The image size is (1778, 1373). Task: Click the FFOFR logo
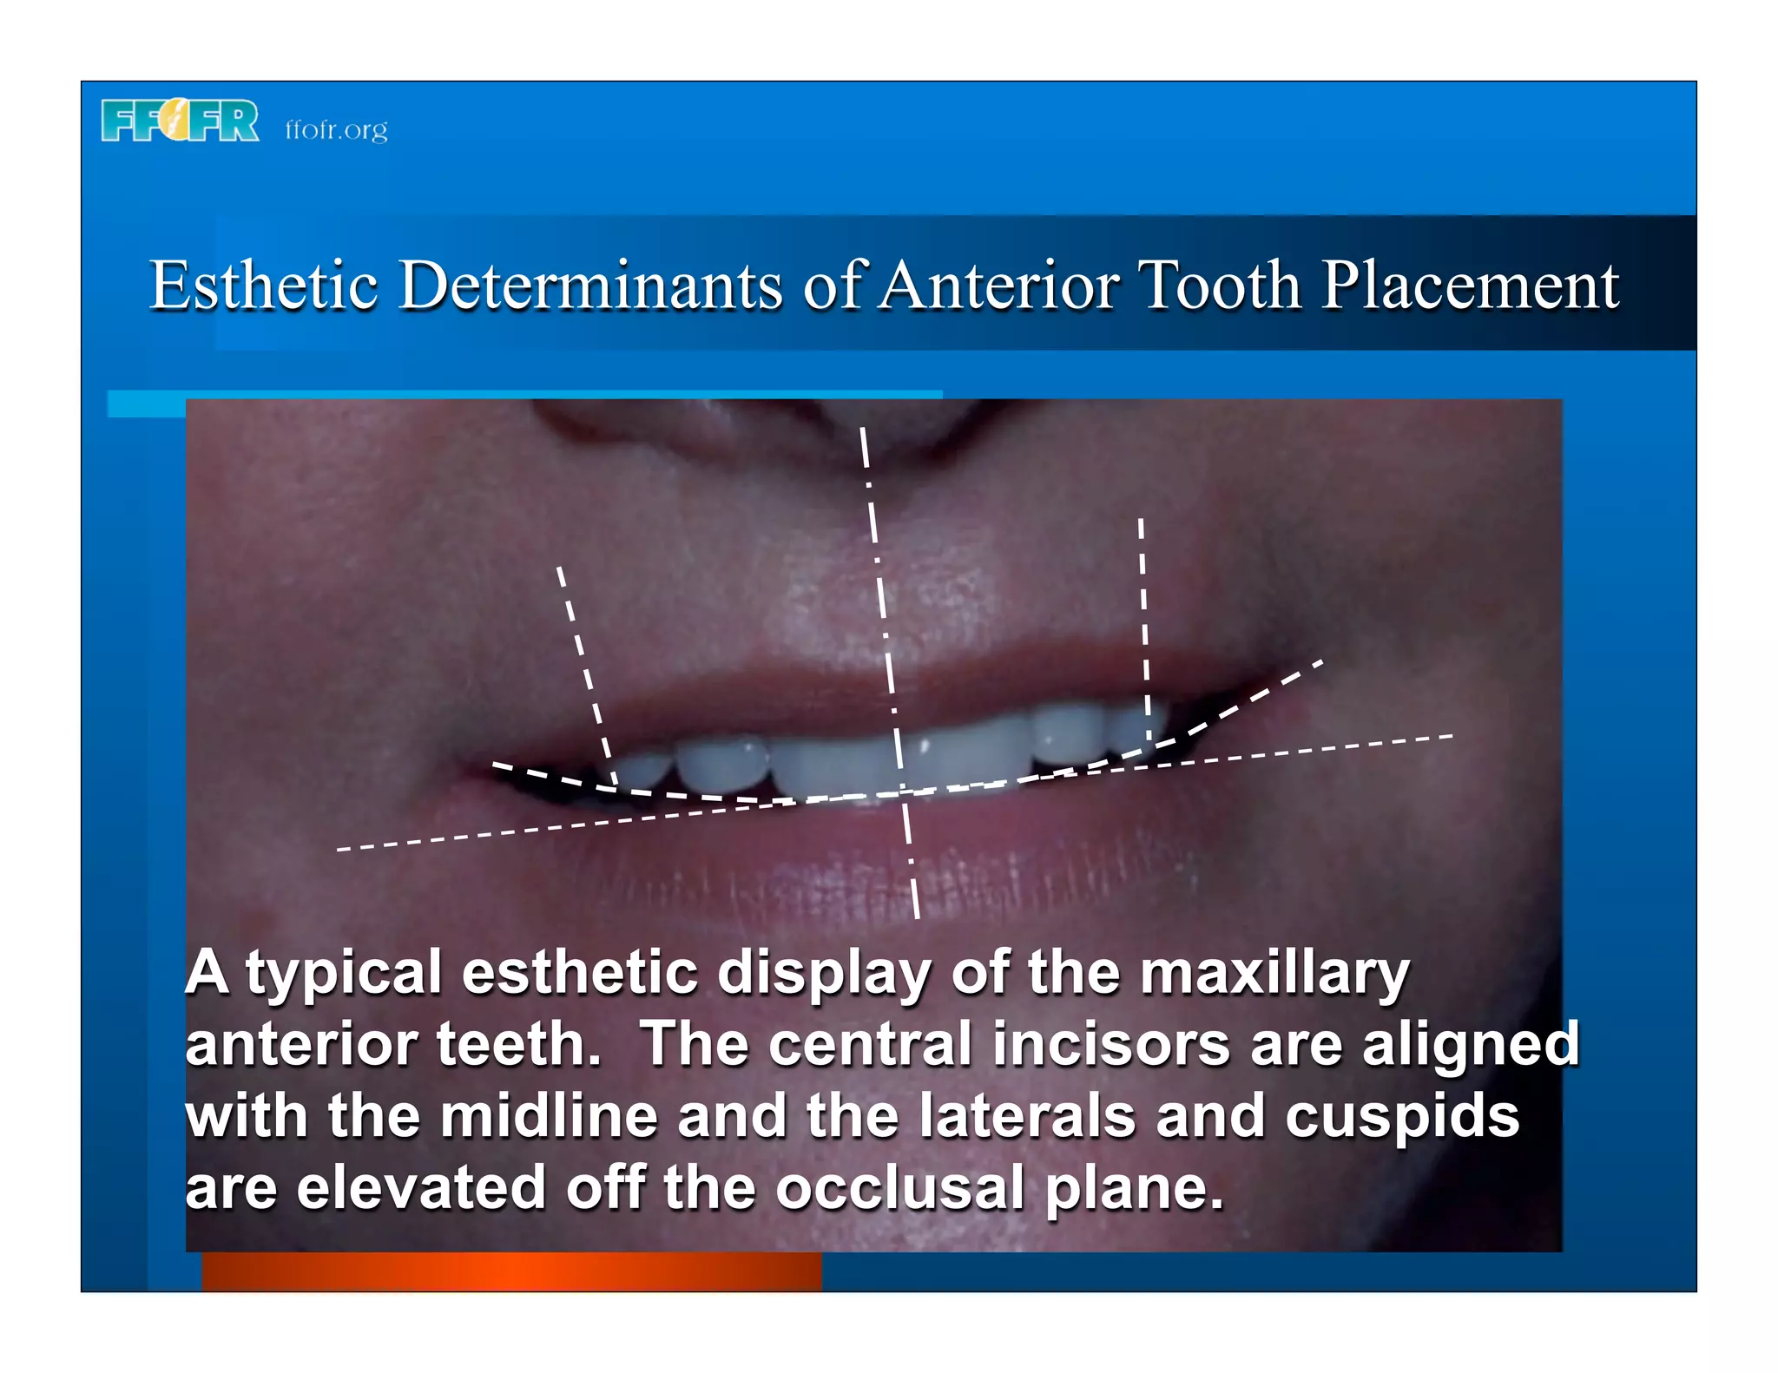pos(180,121)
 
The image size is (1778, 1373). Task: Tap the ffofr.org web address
pos(336,130)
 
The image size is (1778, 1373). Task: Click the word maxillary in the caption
pos(1274,974)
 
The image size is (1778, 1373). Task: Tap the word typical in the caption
pos(344,974)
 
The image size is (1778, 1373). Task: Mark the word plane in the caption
pos(1134,1189)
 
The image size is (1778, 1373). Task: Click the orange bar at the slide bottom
pos(511,1271)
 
